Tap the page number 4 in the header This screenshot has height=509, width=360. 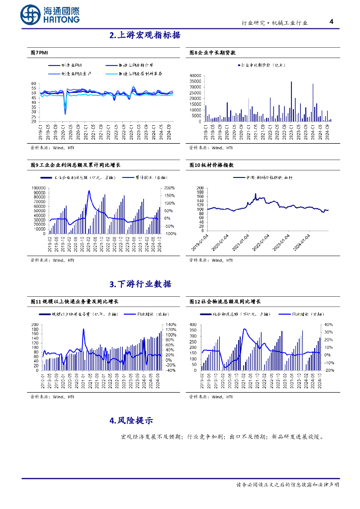(332, 21)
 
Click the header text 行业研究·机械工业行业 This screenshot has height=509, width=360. (274, 23)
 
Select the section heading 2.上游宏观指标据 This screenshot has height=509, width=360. (145, 35)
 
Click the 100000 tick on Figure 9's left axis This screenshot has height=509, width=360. (38, 188)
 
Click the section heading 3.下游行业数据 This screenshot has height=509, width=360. (140, 284)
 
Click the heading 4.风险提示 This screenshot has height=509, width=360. (131, 420)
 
